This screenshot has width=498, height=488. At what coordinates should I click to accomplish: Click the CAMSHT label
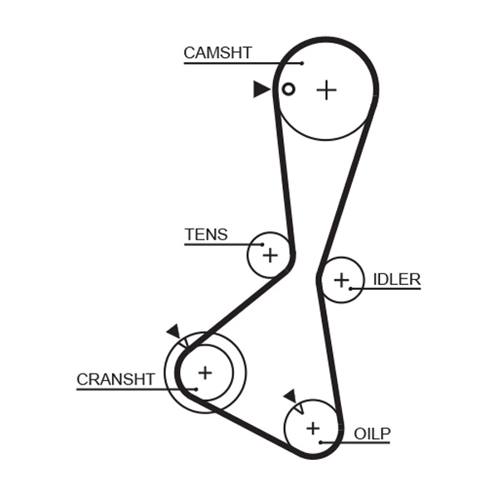(217, 52)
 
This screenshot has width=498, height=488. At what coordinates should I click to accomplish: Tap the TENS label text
(206, 234)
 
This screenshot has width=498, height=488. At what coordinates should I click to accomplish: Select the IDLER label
(396, 279)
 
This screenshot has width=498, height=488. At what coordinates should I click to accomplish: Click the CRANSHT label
(115, 379)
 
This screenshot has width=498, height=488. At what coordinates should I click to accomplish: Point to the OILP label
(371, 433)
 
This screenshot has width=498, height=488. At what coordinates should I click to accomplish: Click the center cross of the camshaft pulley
(327, 89)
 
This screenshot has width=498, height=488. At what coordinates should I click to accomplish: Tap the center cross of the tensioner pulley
(270, 254)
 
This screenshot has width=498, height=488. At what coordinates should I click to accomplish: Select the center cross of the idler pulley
(341, 280)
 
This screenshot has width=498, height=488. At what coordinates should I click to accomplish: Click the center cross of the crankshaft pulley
(204, 373)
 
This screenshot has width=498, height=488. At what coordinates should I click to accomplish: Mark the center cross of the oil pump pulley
(312, 428)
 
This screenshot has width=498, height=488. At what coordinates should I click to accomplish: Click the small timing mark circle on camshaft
(288, 89)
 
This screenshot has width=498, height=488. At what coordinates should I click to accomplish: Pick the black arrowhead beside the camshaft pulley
(261, 89)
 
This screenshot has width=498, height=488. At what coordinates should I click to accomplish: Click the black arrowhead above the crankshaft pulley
(173, 331)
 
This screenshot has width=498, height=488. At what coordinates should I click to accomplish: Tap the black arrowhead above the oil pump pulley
(290, 395)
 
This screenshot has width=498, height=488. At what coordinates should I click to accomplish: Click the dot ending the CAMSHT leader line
(302, 63)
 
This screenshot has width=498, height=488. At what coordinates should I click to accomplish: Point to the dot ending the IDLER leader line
(351, 288)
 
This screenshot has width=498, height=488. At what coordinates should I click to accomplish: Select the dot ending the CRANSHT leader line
(196, 389)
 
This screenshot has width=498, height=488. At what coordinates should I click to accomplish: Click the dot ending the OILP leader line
(321, 442)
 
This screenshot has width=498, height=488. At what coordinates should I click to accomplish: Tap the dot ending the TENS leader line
(262, 244)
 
